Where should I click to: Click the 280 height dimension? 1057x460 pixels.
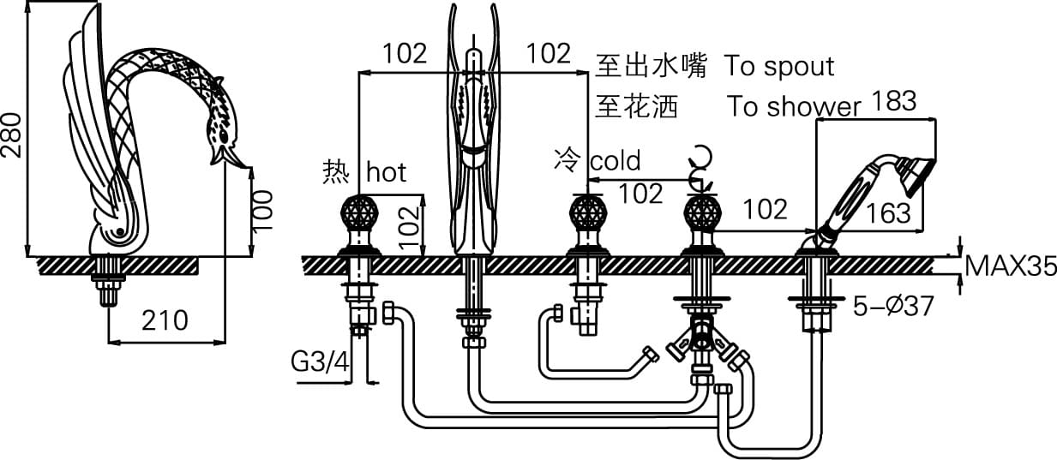(11, 135)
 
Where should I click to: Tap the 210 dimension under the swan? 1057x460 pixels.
(164, 320)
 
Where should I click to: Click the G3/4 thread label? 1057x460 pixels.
(321, 362)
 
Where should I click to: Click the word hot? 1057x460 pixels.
(386, 172)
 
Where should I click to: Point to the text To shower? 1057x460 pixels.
(794, 106)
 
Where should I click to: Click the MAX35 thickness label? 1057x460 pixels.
(1009, 267)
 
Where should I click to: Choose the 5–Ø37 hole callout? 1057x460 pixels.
(893, 306)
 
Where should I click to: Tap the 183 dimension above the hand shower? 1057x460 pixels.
(893, 101)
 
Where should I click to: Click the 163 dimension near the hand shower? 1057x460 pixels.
(888, 212)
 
